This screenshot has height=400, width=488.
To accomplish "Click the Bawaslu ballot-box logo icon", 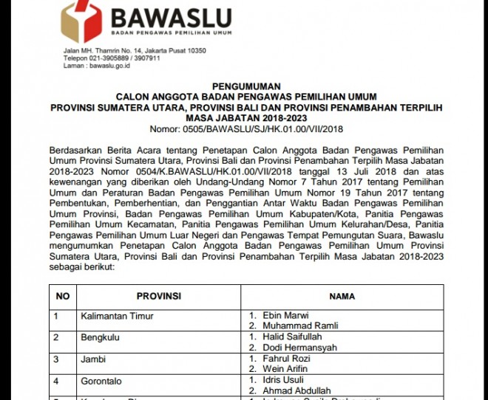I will coord(81,18).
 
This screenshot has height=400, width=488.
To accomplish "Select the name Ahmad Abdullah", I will coord(299,390).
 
